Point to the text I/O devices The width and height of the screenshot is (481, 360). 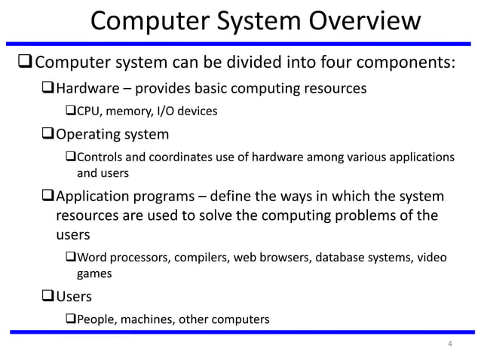tap(187, 111)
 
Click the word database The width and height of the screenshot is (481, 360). tap(339, 258)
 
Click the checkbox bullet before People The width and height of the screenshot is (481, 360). tap(71, 319)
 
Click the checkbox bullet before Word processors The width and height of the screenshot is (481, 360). tap(71, 258)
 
